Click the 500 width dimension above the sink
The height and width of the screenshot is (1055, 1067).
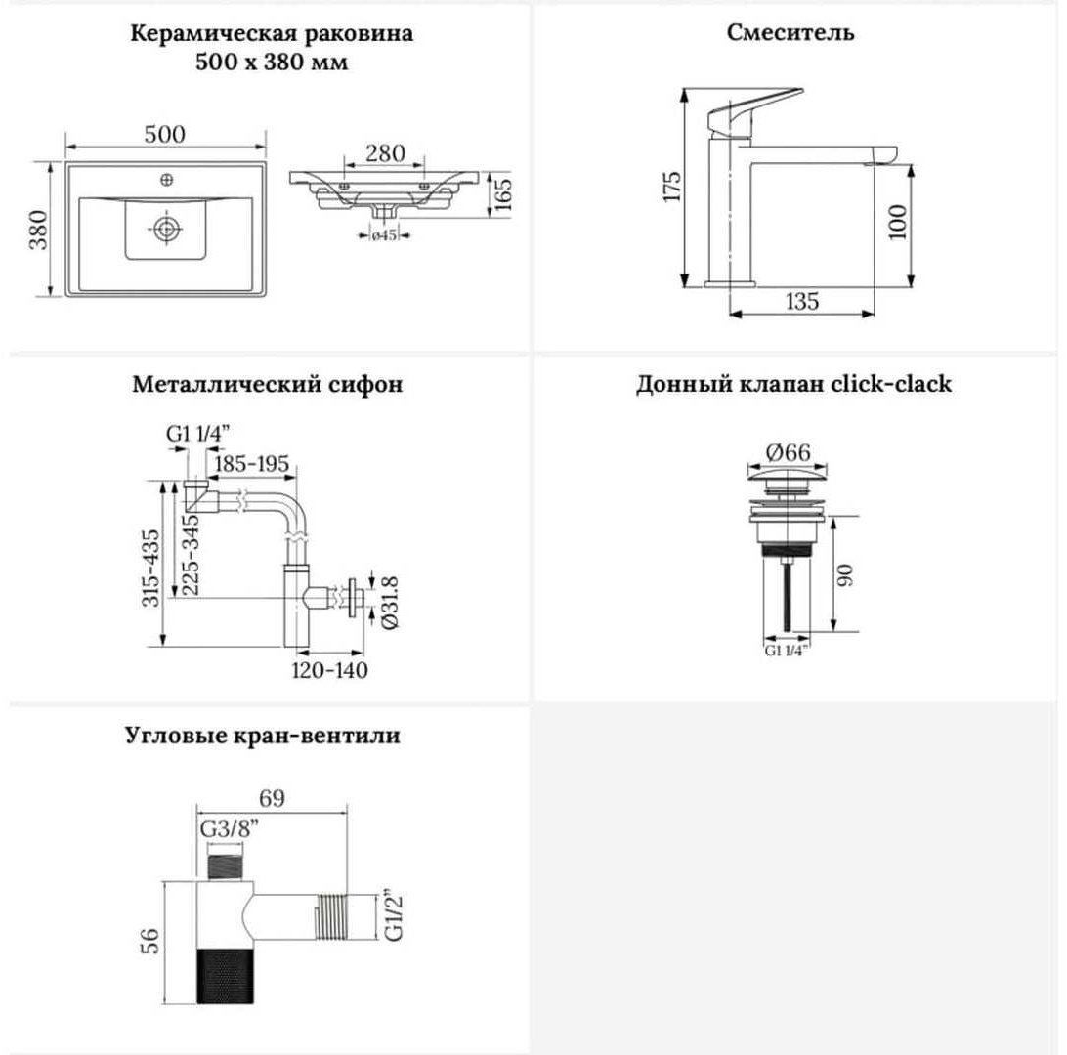pyautogui.click(x=165, y=134)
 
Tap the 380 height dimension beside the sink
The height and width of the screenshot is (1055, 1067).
pyautogui.click(x=39, y=230)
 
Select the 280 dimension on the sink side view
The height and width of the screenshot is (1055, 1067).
pyautogui.click(x=385, y=153)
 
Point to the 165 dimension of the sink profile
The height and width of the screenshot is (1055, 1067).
pyautogui.click(x=503, y=194)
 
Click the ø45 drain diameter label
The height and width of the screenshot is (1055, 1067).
pyautogui.click(x=384, y=235)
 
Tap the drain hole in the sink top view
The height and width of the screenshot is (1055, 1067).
pyautogui.click(x=165, y=229)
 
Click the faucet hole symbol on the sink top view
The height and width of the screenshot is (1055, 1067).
pyautogui.click(x=166, y=180)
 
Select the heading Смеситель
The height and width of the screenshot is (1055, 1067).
pyautogui.click(x=790, y=32)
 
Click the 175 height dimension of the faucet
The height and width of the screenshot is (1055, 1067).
pyautogui.click(x=671, y=187)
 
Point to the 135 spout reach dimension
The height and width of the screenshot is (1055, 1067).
pyautogui.click(x=801, y=301)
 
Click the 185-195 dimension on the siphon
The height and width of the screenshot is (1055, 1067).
pyautogui.click(x=252, y=465)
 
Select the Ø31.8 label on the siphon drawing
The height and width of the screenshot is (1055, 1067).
pyautogui.click(x=391, y=603)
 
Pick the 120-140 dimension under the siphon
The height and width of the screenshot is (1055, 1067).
pyautogui.click(x=329, y=670)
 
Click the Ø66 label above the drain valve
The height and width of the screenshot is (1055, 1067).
pyautogui.click(x=788, y=452)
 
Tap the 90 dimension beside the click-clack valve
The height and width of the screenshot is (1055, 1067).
pyautogui.click(x=844, y=575)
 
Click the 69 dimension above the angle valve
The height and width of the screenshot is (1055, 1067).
pyautogui.click(x=273, y=798)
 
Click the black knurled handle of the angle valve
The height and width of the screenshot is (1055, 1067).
pyautogui.click(x=226, y=975)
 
